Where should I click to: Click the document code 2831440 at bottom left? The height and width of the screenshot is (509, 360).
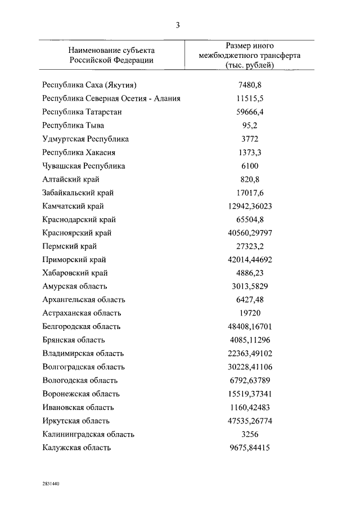point(50,483)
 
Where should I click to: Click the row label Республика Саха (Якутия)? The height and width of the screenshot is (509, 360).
point(90,85)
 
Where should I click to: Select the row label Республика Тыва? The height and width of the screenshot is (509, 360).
point(73,125)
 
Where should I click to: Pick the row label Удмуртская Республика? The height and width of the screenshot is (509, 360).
point(85,139)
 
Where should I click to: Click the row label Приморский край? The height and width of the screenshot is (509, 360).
point(74,260)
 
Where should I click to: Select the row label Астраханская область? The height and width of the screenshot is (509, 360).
point(82,313)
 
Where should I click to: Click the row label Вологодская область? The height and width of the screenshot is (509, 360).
point(81,380)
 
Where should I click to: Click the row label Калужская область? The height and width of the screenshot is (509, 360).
point(76,448)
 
